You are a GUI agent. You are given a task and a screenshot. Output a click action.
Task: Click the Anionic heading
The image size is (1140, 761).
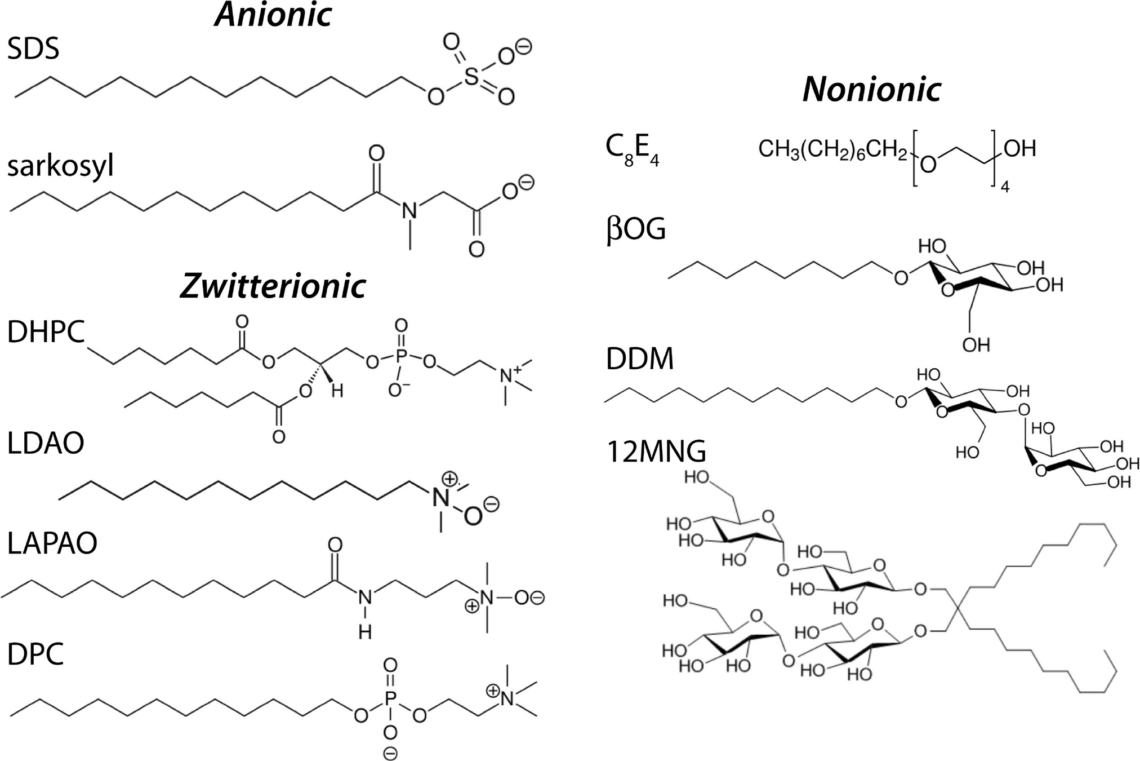point(273,15)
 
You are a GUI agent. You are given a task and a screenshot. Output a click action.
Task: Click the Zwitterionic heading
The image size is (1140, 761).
point(273,286)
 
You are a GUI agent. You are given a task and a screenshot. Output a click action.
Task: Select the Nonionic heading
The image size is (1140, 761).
point(872,89)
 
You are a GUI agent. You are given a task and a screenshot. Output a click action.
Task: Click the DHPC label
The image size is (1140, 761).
point(46,332)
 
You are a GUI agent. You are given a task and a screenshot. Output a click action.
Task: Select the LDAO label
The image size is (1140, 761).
point(46,443)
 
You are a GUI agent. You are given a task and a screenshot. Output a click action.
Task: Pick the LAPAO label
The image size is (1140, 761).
point(52,543)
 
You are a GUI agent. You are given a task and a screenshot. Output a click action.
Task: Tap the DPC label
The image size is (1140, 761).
point(35,654)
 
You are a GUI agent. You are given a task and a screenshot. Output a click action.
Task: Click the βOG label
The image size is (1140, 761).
point(636,229)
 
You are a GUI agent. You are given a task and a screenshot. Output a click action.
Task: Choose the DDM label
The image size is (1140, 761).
point(640,359)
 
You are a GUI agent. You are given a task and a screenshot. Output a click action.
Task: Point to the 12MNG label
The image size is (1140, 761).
point(656,452)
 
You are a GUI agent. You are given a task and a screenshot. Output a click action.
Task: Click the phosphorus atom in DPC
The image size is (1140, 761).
point(390,700)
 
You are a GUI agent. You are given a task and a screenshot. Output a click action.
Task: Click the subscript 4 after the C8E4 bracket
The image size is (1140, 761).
point(1004,187)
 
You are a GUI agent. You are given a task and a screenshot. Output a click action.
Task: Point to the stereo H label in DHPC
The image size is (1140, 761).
point(337,390)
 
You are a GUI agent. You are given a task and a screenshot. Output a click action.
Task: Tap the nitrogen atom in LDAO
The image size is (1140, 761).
point(440,497)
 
